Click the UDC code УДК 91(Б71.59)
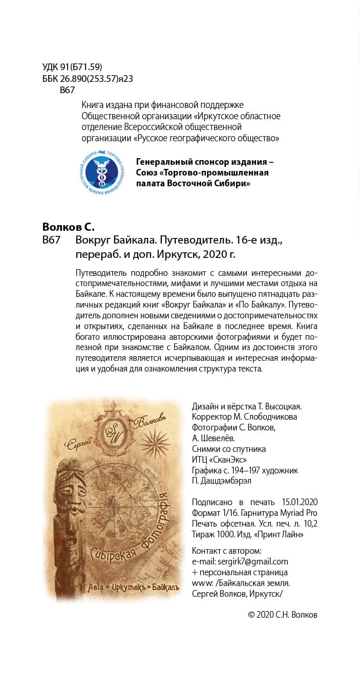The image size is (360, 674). point(72,67)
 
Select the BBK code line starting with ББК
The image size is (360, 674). point(88,79)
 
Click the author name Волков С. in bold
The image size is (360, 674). point(68,227)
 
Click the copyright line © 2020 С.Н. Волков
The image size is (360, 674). point(283,615)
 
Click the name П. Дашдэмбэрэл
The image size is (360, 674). point(221,481)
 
